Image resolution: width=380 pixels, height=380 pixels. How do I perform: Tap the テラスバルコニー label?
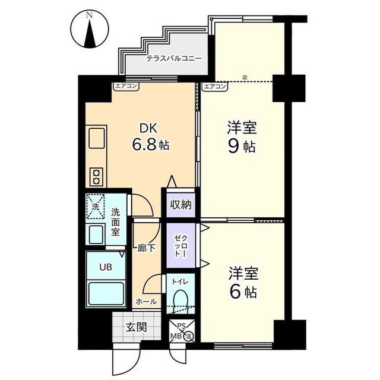(x=174, y=59)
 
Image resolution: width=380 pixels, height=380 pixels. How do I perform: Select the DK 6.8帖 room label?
(x=150, y=137)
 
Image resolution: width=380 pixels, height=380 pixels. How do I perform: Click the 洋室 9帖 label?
(x=242, y=137)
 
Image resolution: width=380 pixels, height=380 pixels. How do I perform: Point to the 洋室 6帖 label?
(x=243, y=283)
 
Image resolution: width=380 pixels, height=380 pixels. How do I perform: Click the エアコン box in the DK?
(x=126, y=86)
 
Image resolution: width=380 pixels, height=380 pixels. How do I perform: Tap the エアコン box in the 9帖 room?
(x=215, y=87)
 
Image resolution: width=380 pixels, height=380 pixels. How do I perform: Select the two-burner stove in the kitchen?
(x=96, y=177)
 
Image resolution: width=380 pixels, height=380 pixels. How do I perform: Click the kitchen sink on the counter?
(x=96, y=138)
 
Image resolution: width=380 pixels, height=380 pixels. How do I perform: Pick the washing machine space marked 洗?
(x=95, y=207)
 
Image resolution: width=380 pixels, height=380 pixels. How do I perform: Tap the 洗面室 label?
(x=115, y=222)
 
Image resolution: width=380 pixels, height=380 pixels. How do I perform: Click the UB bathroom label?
(x=106, y=267)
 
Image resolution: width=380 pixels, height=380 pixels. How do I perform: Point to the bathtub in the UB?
(x=106, y=294)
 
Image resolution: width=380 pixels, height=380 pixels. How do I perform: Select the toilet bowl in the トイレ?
(x=180, y=299)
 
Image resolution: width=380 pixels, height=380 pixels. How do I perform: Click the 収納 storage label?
(x=180, y=205)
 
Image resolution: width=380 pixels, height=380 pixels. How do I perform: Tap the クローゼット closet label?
(x=180, y=246)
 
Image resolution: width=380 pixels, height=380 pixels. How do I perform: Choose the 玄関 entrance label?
(x=136, y=327)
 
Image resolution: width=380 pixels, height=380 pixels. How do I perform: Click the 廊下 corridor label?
(x=146, y=248)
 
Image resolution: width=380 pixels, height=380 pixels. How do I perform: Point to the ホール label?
(x=146, y=302)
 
